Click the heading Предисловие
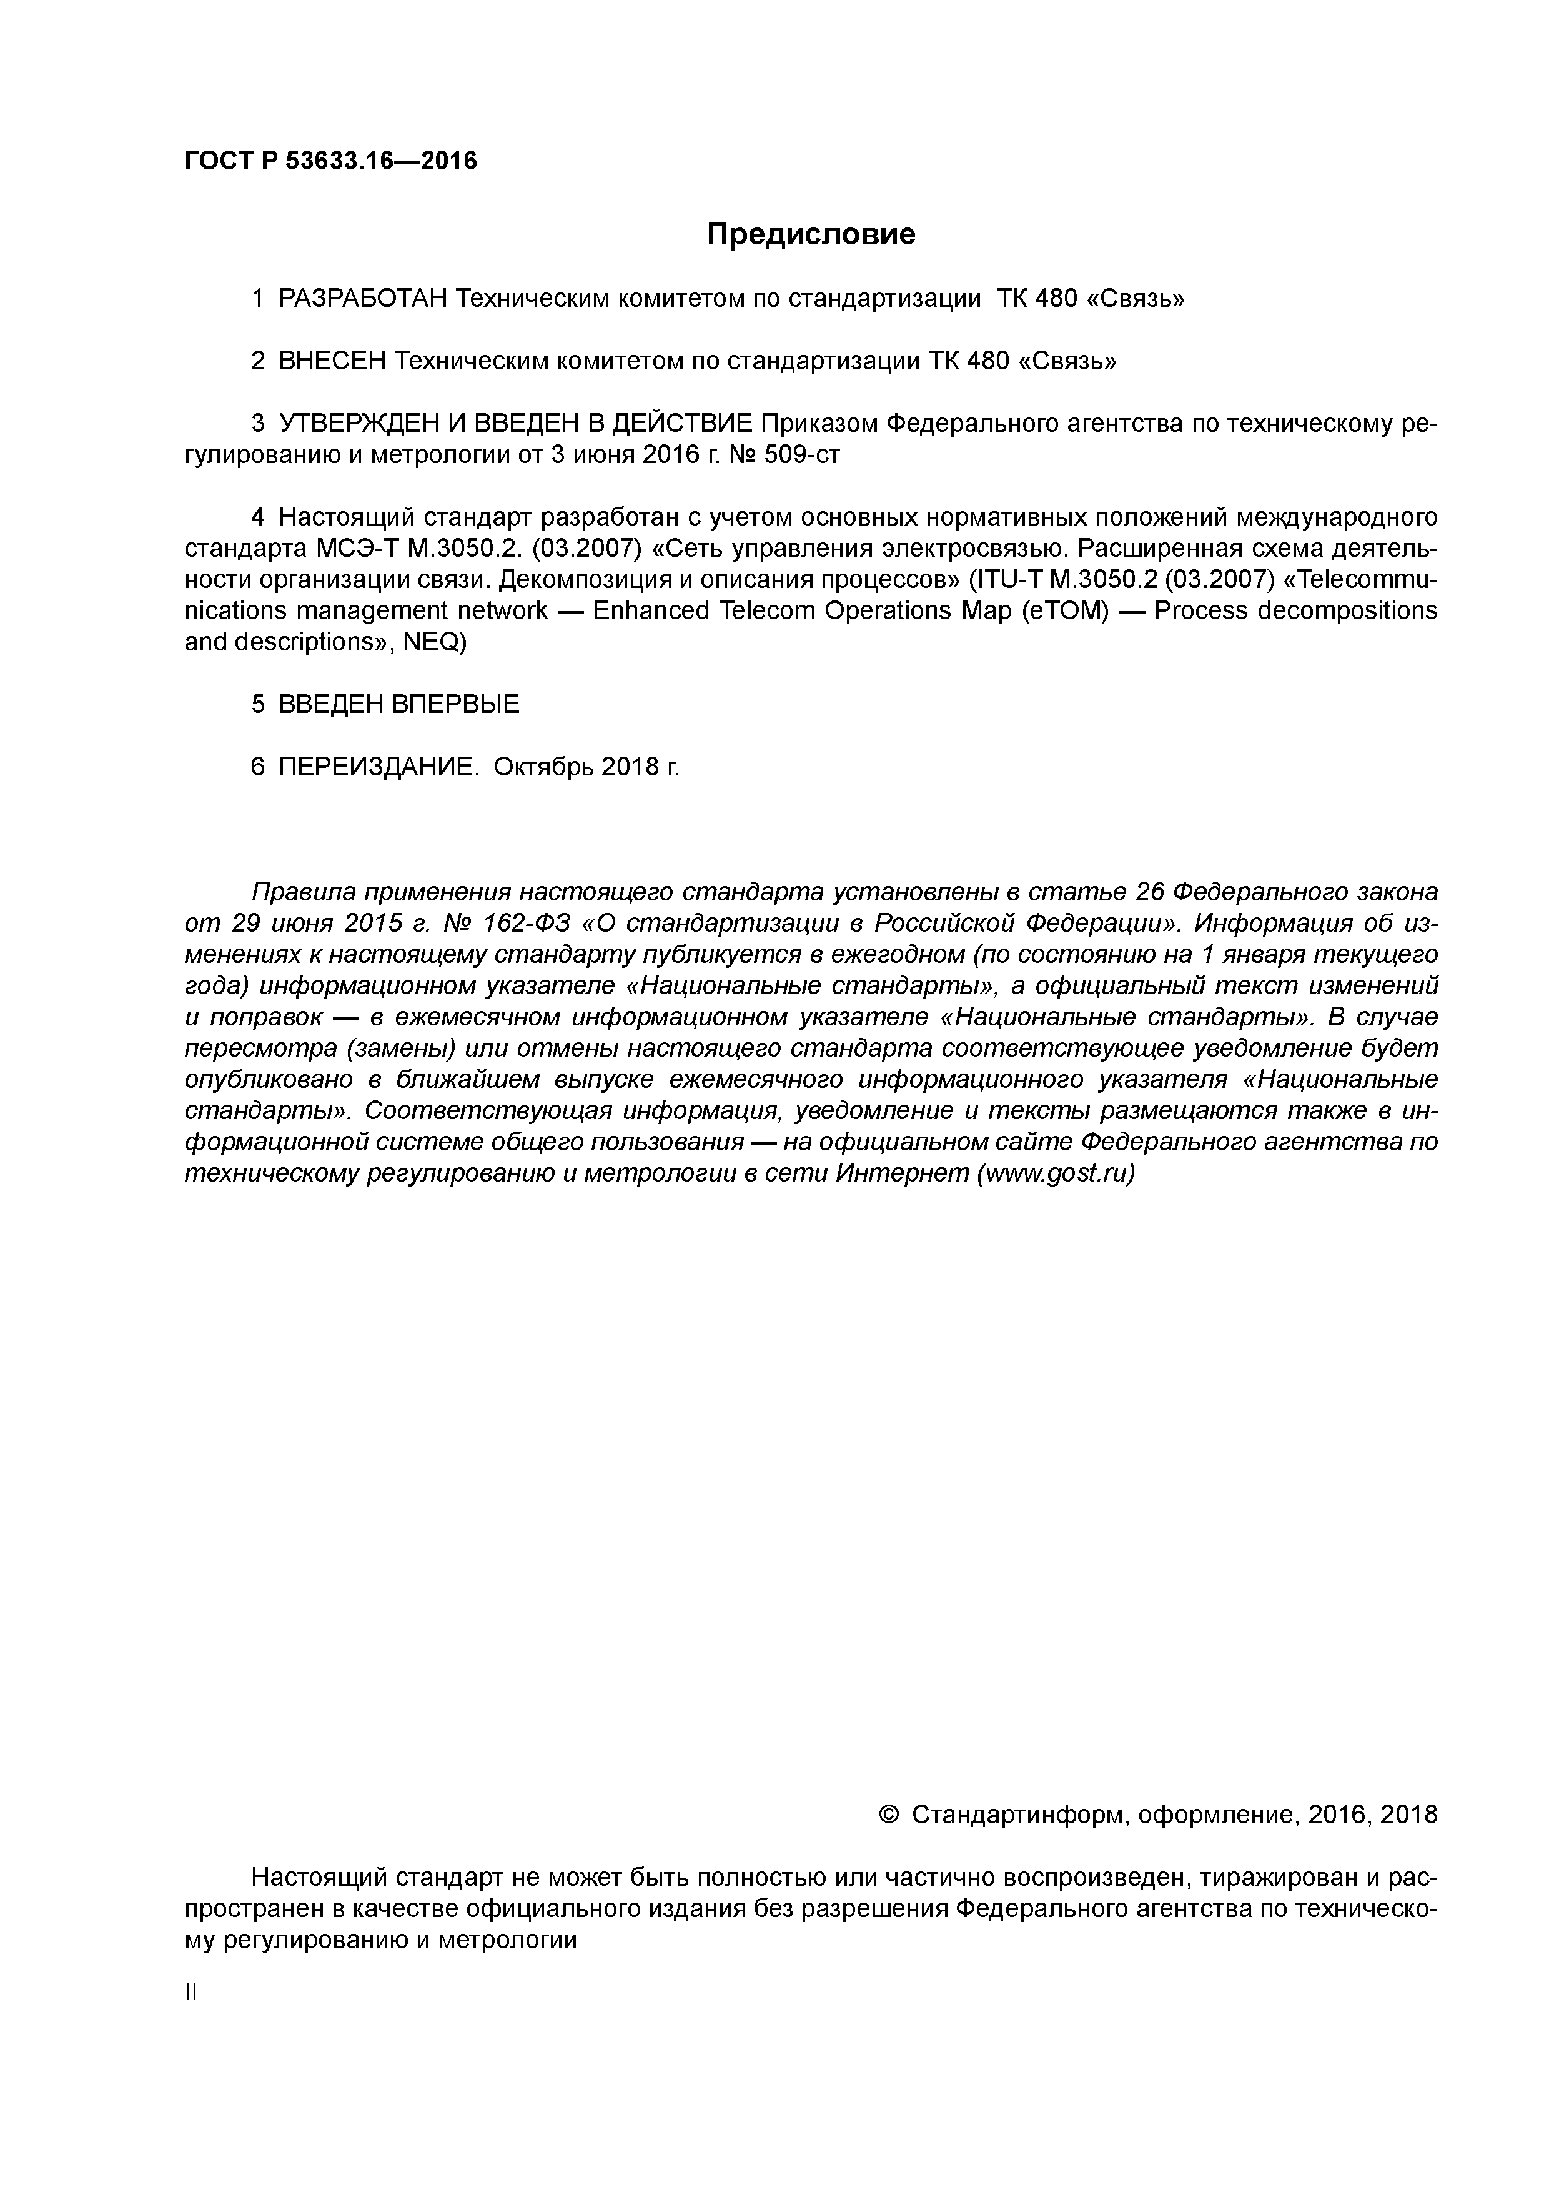810,234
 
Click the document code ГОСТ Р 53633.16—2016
330,161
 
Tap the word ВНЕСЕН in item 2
332,361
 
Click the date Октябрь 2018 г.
586,767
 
